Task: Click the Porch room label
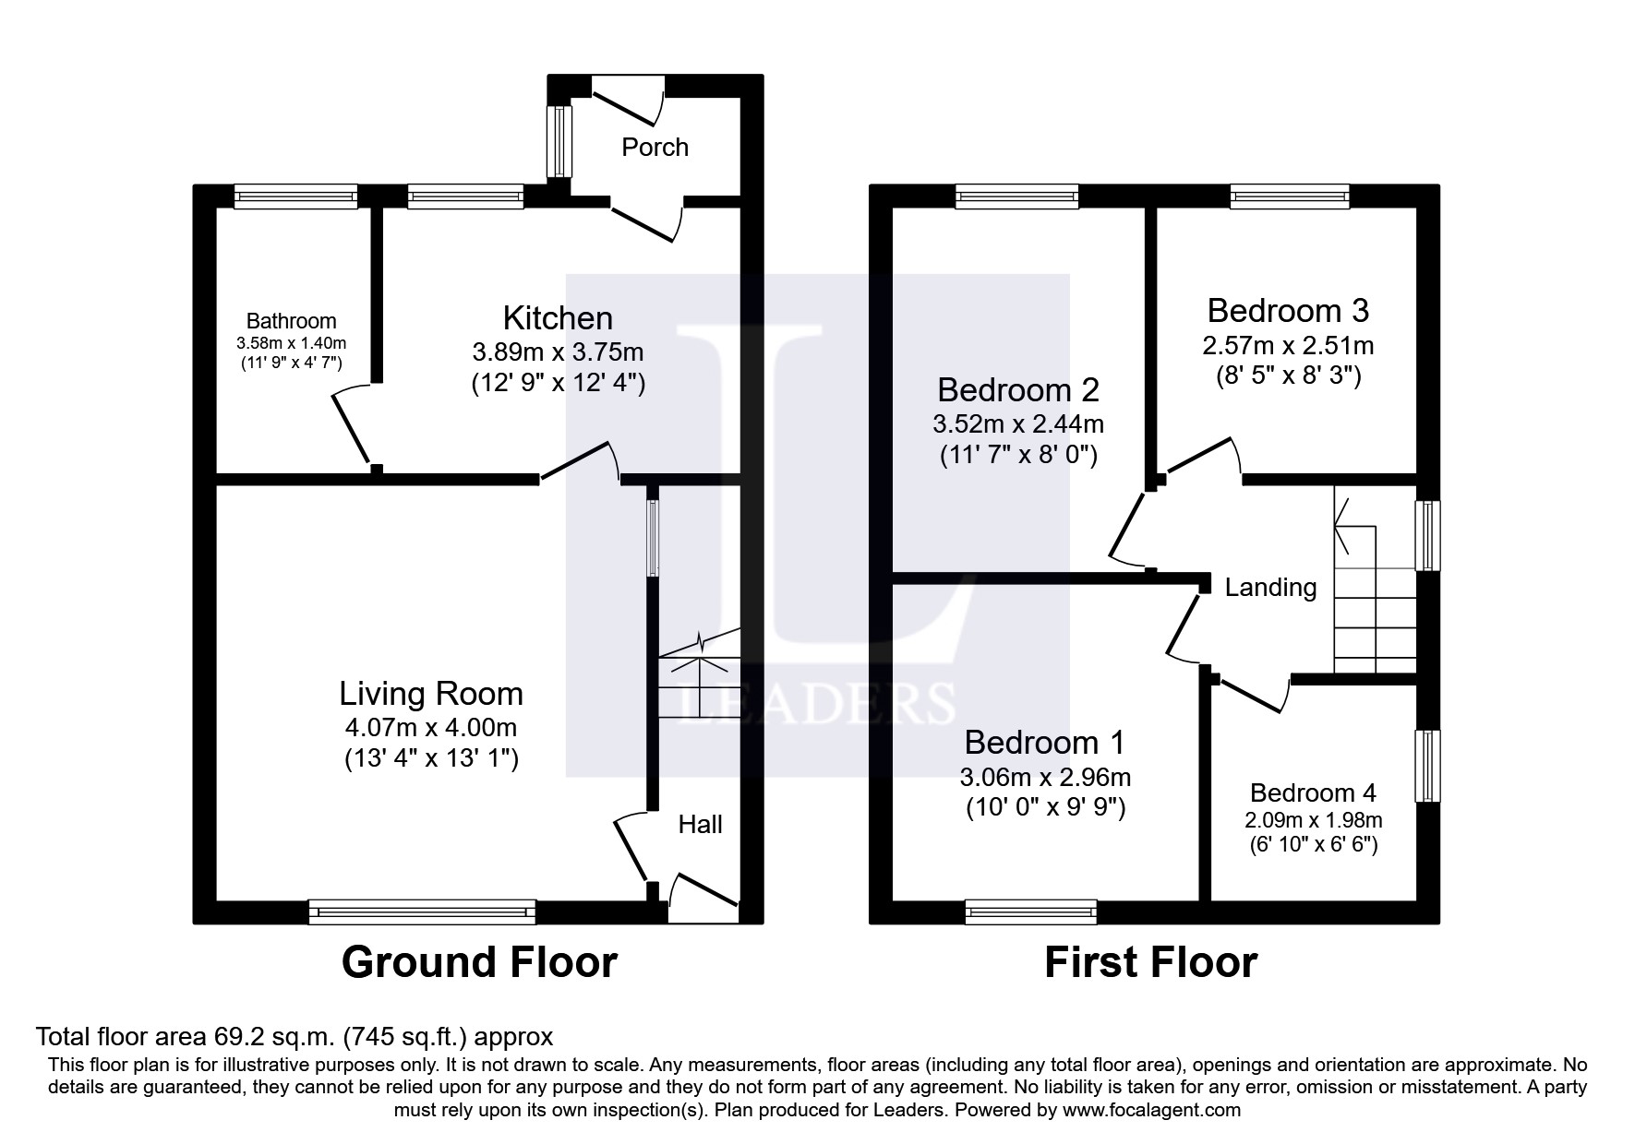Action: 655,147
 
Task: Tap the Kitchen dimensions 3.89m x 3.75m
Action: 558,352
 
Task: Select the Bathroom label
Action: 291,321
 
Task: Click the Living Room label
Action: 431,694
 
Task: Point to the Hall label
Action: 700,824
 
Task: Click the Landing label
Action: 1270,587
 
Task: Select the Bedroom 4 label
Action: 1313,792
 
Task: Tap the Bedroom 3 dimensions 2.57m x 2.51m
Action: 1287,345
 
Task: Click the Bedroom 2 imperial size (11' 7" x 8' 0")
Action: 1018,455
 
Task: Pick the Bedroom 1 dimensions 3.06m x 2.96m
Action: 1045,778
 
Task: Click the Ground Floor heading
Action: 479,962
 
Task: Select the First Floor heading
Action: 1150,962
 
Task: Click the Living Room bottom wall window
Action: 422,912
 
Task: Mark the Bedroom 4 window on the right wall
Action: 1428,766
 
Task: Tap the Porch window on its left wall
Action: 559,141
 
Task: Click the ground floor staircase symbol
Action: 699,673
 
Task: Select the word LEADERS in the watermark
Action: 817,704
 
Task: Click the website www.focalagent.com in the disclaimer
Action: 1151,1110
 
